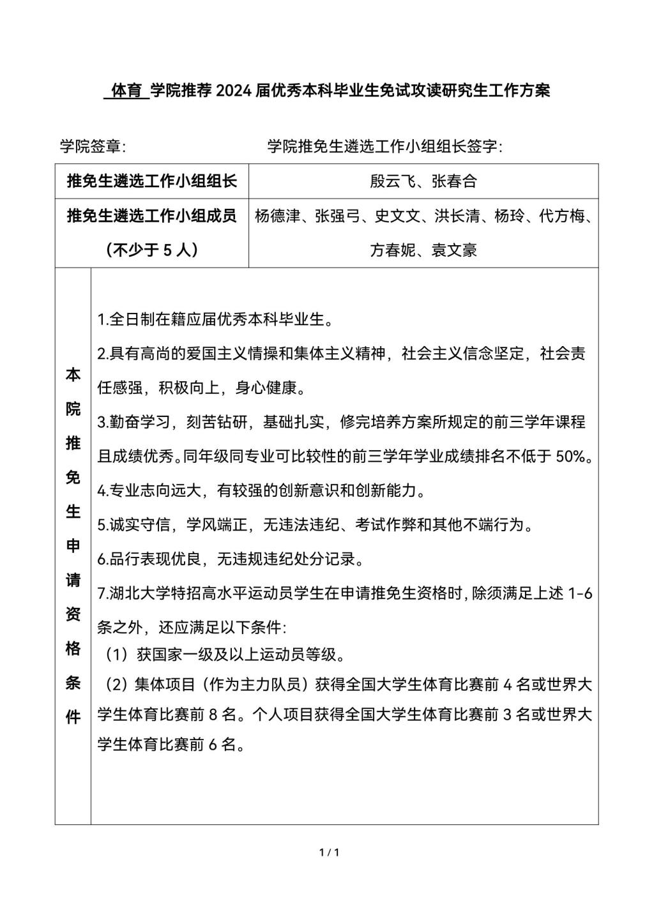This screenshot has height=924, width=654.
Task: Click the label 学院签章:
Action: click(93, 147)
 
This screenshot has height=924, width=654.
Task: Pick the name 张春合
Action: click(454, 181)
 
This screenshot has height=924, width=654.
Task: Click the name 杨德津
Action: click(277, 216)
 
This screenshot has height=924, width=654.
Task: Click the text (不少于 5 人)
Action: click(152, 250)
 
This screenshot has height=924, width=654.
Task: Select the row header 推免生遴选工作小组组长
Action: click(152, 181)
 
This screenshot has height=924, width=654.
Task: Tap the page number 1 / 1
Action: click(328, 852)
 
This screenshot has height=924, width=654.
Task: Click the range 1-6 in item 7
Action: click(580, 594)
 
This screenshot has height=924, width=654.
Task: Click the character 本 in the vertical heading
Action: click(73, 375)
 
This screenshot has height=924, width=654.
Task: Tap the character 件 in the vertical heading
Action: click(73, 717)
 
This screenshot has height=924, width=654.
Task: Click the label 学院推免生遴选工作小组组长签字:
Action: click(385, 147)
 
